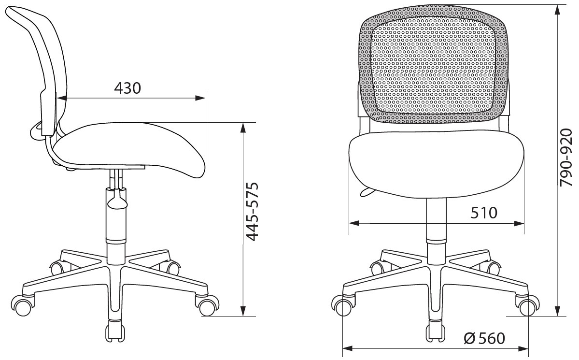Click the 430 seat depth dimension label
pos(127,88)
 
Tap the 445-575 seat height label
pos(253,212)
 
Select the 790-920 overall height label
pos(565,158)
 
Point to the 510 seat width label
pos(484,213)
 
